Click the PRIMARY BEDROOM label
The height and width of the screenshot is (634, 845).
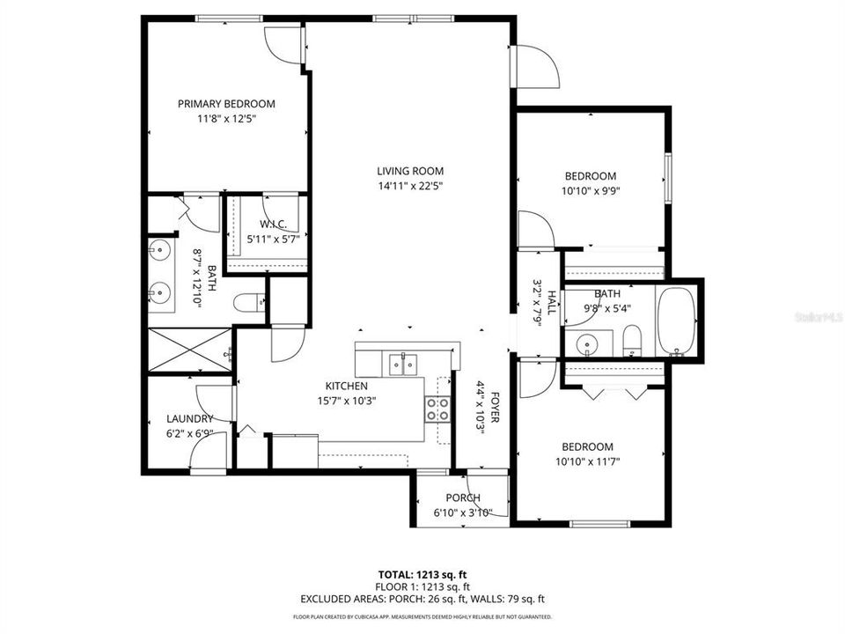click(226, 103)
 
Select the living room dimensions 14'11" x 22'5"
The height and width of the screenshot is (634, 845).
click(410, 186)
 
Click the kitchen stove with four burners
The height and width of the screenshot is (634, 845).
click(437, 409)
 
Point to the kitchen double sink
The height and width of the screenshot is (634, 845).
click(404, 363)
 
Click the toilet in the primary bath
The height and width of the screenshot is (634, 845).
click(247, 303)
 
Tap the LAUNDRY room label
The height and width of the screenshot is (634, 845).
click(189, 418)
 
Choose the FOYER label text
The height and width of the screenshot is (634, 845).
click(495, 408)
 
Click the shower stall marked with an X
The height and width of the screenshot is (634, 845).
click(189, 351)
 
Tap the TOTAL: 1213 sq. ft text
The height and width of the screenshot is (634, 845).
click(422, 572)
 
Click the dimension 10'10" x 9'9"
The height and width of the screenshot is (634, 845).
click(590, 190)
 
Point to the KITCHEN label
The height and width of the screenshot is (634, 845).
click(346, 386)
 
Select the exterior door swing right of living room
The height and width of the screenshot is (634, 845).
click(535, 66)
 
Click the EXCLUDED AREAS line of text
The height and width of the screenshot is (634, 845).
click(422, 599)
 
